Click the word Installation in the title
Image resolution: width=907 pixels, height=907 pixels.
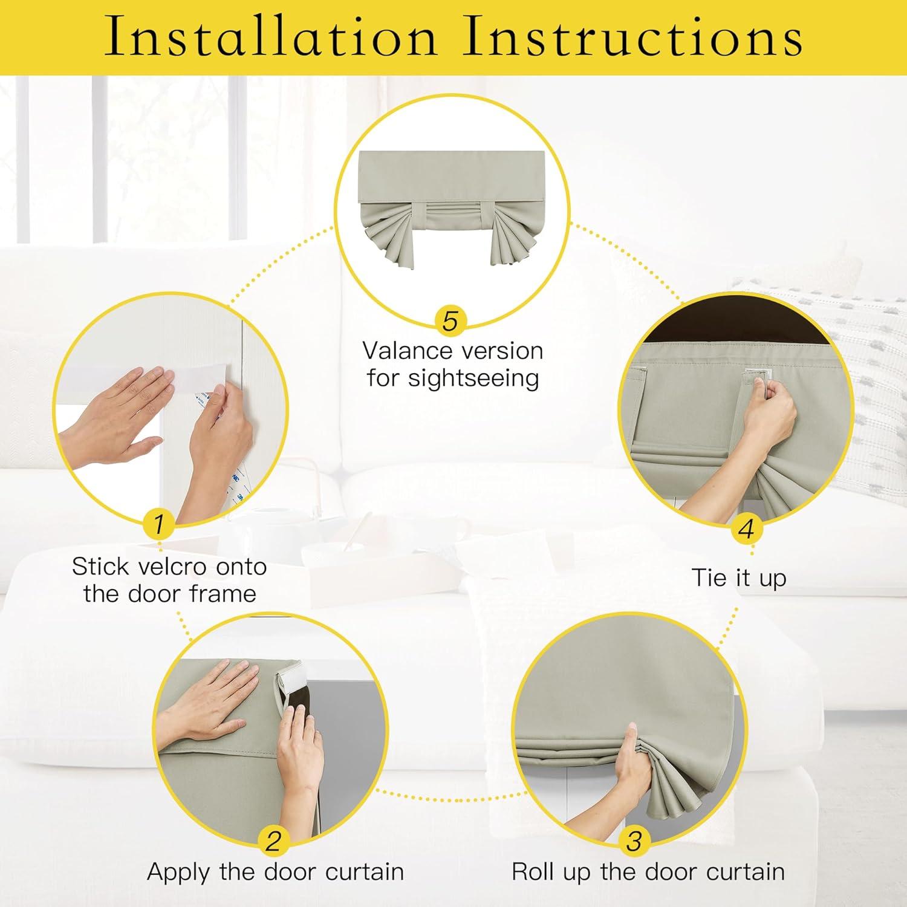(x=270, y=36)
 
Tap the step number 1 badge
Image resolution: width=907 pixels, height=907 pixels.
(x=159, y=524)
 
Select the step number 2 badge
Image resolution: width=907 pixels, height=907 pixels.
(x=273, y=840)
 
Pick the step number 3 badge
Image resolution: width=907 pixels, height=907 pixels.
(x=634, y=840)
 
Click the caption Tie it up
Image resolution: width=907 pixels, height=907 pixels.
(x=738, y=577)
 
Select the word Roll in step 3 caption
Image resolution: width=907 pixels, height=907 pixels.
(x=534, y=871)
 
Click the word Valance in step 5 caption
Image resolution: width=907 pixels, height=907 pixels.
(x=408, y=351)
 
